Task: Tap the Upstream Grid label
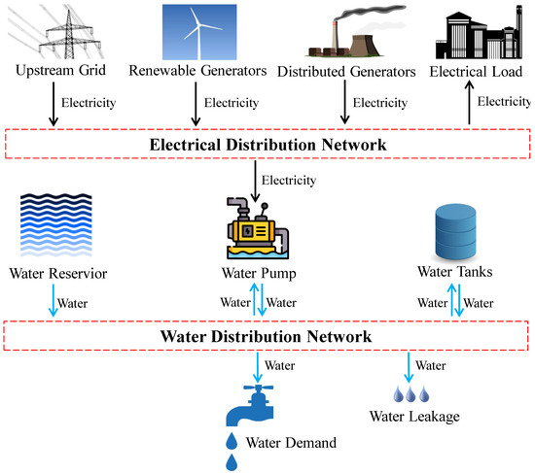coord(60,72)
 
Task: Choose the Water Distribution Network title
coord(267,336)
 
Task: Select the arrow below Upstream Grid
coord(53,106)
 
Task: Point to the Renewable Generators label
coord(198,72)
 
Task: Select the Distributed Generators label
coord(346,72)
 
